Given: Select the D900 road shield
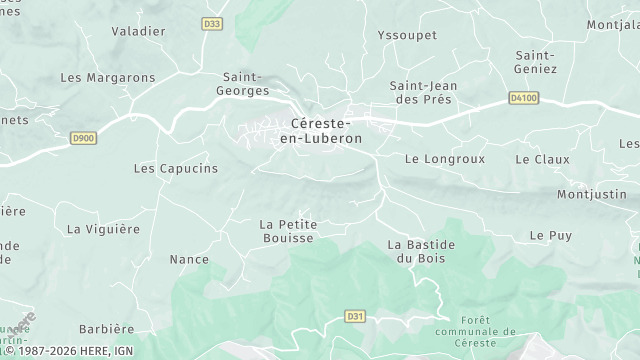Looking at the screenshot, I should click(84, 138).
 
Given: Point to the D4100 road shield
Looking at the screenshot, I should click(523, 98).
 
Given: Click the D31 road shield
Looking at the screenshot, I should click(353, 316).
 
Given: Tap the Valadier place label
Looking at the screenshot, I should click(138, 31).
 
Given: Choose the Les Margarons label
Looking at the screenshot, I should click(108, 77).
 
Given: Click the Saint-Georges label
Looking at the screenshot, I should click(245, 83).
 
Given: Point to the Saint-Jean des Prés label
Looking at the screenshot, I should click(423, 92).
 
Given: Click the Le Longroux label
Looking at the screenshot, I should click(444, 159).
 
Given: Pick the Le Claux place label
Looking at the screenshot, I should click(542, 159).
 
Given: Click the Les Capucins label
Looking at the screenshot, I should click(175, 169).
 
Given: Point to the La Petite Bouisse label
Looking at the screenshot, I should click(287, 231).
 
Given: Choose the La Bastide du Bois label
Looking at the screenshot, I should click(421, 251).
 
